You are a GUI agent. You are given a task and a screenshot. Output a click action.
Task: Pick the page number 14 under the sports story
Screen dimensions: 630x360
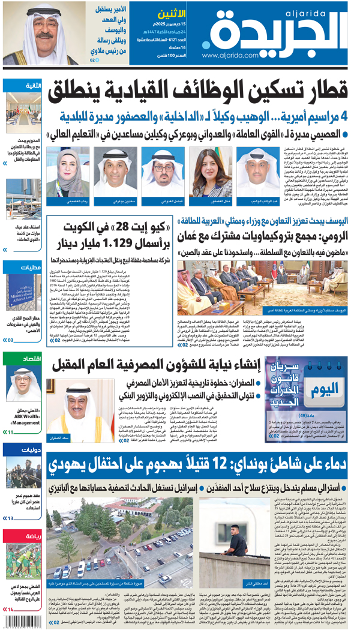click(10, 609)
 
